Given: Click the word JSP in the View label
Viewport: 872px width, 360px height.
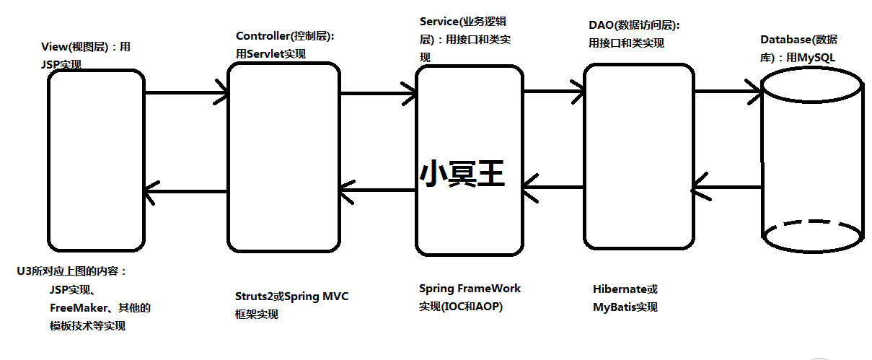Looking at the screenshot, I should tap(52, 64).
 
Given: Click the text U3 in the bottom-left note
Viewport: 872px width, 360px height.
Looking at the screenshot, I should tap(24, 271).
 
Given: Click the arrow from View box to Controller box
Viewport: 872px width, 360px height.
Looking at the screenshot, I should tap(186, 93).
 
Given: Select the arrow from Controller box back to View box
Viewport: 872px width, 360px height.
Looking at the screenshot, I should tap(186, 190).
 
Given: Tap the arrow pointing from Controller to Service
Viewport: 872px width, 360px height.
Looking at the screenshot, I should tap(378, 93).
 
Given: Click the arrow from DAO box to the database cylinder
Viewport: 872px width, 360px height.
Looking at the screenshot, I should tap(726, 91).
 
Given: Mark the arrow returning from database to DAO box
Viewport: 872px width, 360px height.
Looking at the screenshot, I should tap(726, 188).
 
